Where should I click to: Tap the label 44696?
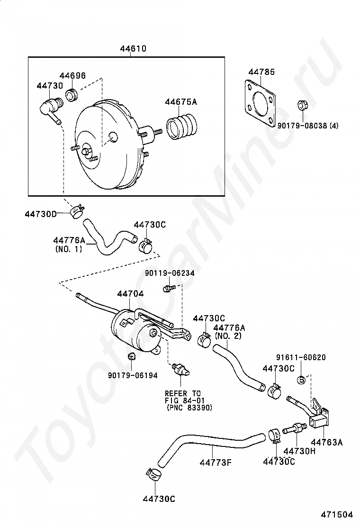pos(72,76)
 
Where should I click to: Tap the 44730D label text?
pos(41,214)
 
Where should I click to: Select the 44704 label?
pos(130,294)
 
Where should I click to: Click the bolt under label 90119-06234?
pos(166,288)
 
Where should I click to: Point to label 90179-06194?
pos(133,375)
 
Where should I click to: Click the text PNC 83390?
pos(189,408)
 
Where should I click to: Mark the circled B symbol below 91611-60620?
pos(300,379)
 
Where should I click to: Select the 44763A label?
pos(327,442)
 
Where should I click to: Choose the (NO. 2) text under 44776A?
pos(228,336)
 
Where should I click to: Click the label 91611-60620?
pos(301,357)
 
